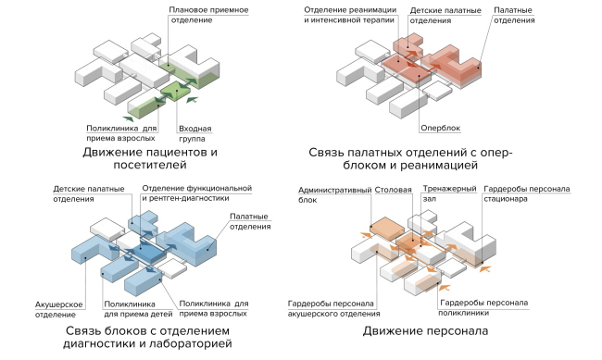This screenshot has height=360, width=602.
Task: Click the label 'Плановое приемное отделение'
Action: [x=208, y=15]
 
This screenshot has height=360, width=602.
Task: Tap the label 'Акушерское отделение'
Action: [x=62, y=310]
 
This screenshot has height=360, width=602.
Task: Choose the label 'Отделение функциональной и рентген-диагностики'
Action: [x=196, y=192]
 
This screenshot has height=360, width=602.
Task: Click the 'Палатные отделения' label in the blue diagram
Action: [x=245, y=221]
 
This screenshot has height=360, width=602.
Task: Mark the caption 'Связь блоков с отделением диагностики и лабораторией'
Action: [x=148, y=337]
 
